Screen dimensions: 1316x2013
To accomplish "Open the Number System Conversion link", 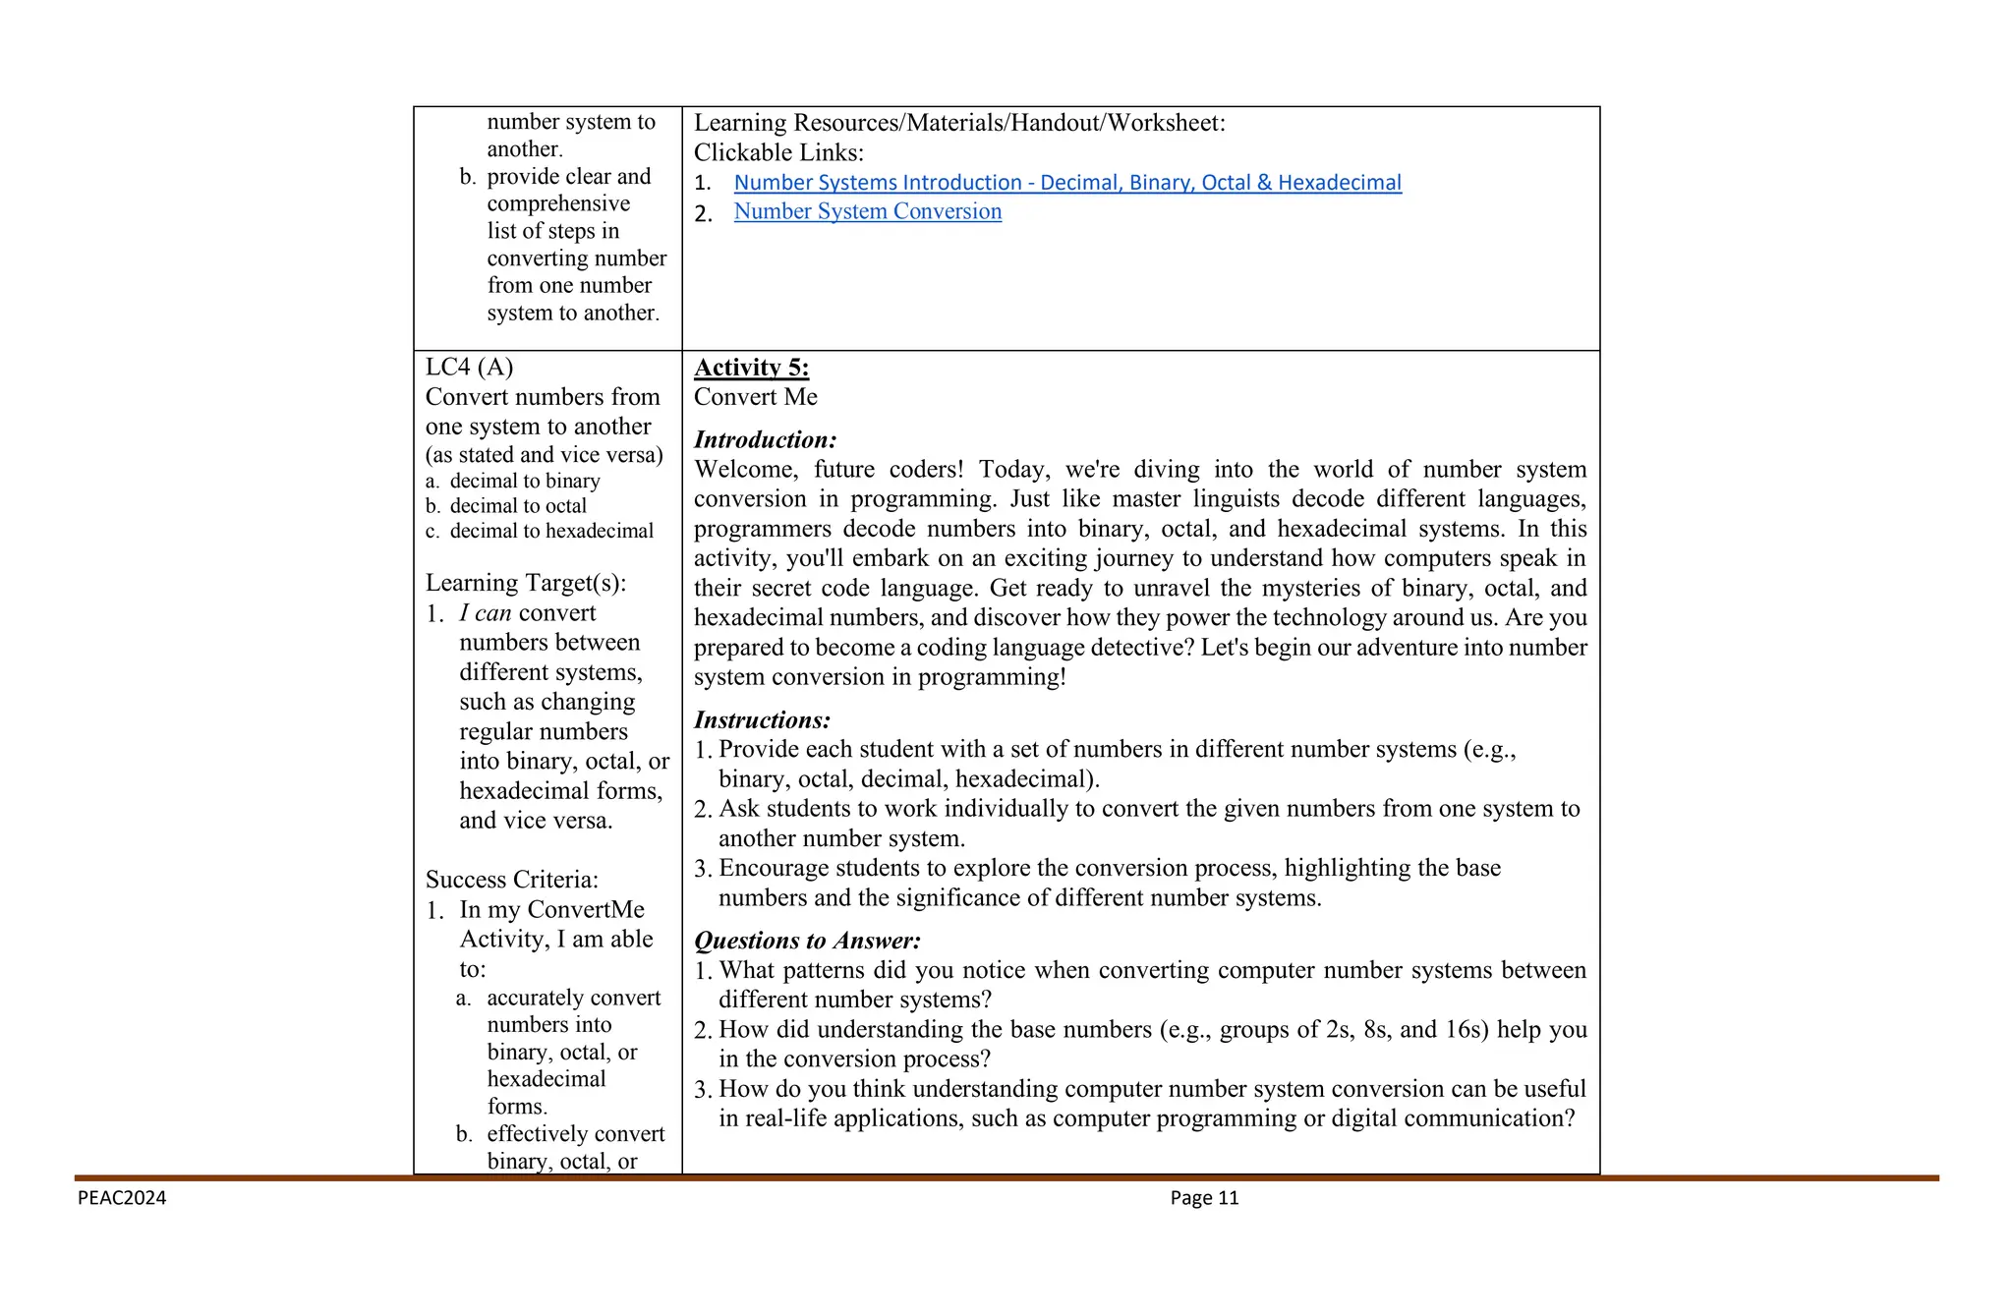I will pos(867,211).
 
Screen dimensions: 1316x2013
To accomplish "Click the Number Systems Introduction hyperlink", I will pos(1066,183).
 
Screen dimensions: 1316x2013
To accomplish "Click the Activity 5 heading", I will pos(751,368).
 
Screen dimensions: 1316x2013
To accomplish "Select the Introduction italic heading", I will pos(765,439).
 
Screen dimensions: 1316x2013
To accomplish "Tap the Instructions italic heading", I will pos(762,719).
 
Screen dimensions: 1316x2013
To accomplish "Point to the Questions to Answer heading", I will pos(807,941).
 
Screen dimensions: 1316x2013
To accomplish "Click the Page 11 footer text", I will pos(1204,1197).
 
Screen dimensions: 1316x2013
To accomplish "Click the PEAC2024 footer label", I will pos(122,1197).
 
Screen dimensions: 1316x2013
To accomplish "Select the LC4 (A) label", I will pos(469,367).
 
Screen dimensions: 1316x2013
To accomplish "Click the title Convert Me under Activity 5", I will pos(755,397).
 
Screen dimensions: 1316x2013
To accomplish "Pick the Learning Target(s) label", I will pos(525,583).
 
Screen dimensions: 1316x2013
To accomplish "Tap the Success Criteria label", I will pos(511,880).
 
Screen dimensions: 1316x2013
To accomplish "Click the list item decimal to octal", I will pos(517,506).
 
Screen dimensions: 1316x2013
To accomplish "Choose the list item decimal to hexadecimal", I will pos(550,531).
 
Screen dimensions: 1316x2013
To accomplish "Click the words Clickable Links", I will pos(778,152).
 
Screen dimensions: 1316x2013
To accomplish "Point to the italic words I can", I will pos(485,613).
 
